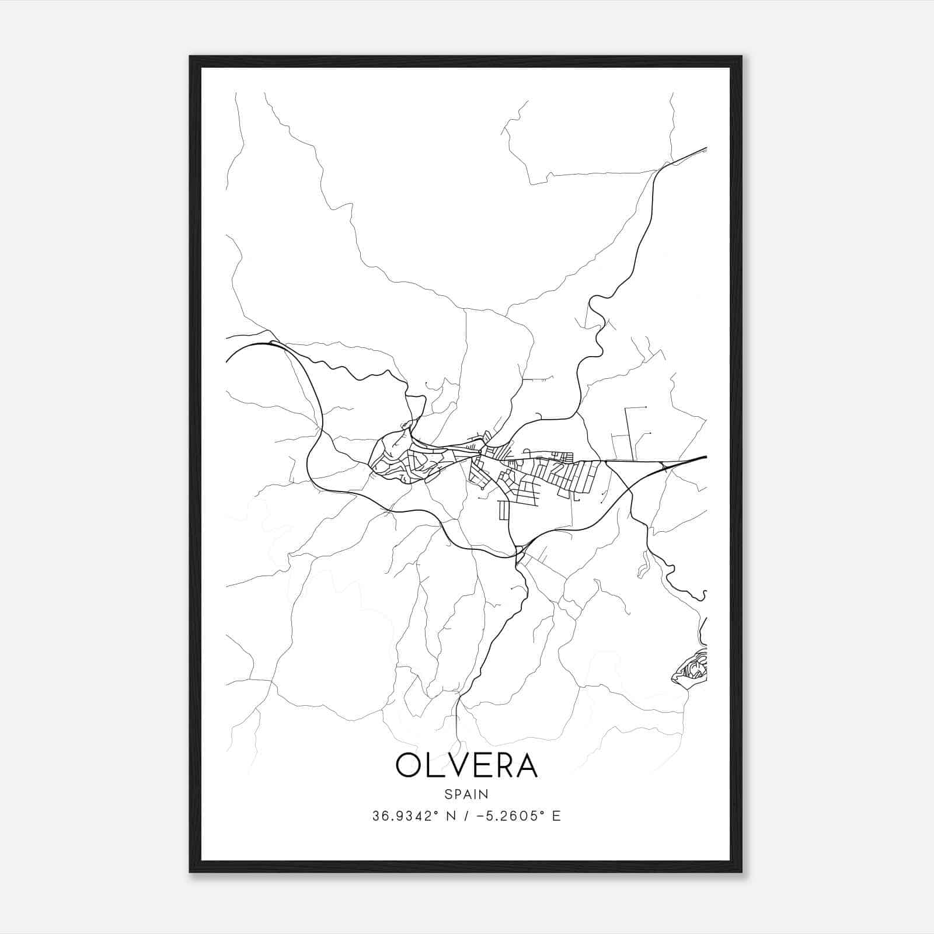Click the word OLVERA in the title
(466, 765)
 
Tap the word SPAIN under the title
(466, 794)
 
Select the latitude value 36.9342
(402, 816)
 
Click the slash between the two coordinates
(465, 816)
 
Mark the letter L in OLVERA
(434, 765)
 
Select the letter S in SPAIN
(448, 794)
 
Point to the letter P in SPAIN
(457, 794)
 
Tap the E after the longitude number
(556, 816)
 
